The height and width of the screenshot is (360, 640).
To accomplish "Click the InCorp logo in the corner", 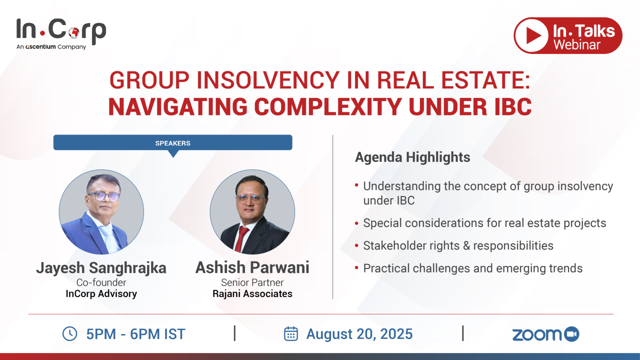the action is coord(61,34).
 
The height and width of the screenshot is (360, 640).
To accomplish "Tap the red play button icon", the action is coord(531,35).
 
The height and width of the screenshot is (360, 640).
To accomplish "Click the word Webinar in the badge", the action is coord(577,45).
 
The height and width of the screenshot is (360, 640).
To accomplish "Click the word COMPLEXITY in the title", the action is coord(328,107).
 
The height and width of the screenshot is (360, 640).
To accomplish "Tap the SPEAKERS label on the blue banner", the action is coord(172,143).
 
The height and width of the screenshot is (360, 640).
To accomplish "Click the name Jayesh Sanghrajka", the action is coord(101,267).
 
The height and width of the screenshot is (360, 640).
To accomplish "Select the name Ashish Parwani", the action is coord(252,267).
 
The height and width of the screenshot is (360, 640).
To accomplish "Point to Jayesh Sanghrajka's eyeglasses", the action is coord(103,196).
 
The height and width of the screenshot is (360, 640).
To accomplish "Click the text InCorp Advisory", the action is coord(101,293).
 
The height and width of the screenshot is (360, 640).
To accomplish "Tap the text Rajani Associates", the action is coord(252,293).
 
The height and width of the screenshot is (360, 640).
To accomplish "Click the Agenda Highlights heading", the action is coord(412,157).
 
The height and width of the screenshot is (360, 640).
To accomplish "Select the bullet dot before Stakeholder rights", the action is coord(356,245).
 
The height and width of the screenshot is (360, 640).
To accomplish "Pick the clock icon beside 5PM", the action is coord(69,333).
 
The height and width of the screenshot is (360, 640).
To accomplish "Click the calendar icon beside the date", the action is coord(291,333).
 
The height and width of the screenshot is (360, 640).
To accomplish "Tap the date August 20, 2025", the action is coord(359,333).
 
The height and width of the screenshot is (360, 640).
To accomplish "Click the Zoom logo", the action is coord(545,334).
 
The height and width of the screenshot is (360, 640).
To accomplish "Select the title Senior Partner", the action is coord(252,282).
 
